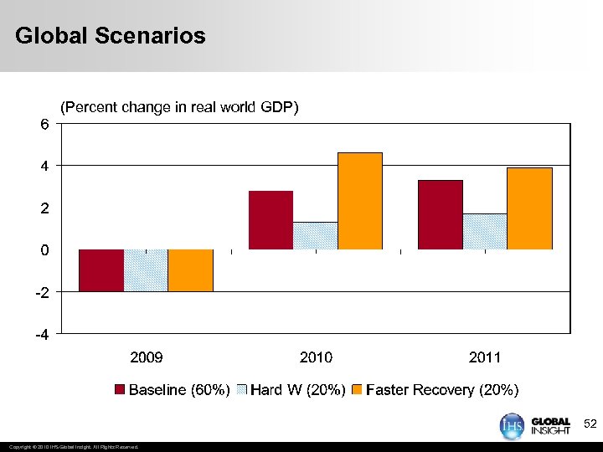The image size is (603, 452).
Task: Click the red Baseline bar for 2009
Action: coord(101,270)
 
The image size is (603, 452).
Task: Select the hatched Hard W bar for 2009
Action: coord(146,270)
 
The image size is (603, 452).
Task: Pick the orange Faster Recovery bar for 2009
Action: coord(190,270)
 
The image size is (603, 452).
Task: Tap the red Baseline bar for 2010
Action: coord(271,220)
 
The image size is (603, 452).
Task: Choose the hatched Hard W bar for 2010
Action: coord(316,236)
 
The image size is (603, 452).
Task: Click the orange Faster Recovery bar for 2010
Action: coord(360,201)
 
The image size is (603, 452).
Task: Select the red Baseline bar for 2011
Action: coord(441,215)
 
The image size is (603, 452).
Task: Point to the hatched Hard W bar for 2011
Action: coord(485,232)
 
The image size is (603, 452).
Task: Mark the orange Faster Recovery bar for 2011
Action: coord(529,208)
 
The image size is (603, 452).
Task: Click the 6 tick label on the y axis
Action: coord(44,124)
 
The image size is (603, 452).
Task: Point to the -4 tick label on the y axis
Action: coord(41,335)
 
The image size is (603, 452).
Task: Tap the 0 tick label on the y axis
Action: coord(44,250)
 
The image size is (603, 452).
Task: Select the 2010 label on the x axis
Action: coord(316,357)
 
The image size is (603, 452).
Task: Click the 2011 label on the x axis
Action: coord(485,357)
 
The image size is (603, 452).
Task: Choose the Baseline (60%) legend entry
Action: coord(173,390)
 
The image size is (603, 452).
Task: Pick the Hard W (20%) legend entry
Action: coord(291,390)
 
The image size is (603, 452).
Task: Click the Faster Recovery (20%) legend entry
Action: coord(435,390)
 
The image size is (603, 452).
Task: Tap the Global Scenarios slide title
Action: coord(110,36)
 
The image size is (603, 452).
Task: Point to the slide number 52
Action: coord(590,426)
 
